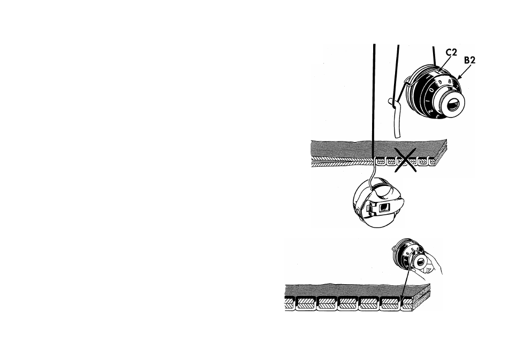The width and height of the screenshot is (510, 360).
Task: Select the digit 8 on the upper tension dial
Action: pos(450,81)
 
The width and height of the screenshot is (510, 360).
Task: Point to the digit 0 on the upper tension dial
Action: pos(431,90)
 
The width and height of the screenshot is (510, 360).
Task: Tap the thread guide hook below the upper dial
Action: pos(393,100)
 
